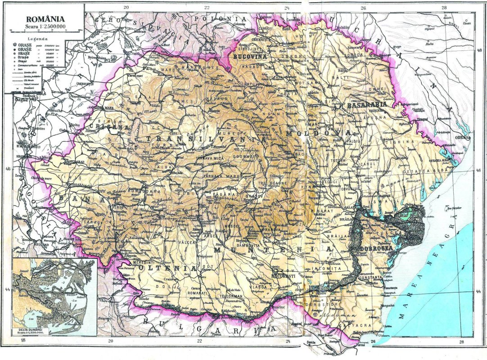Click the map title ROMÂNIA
point(45,19)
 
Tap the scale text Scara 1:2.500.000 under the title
point(45,26)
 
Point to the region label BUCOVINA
point(251,58)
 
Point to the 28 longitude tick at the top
point(444,7)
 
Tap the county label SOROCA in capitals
point(355,55)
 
